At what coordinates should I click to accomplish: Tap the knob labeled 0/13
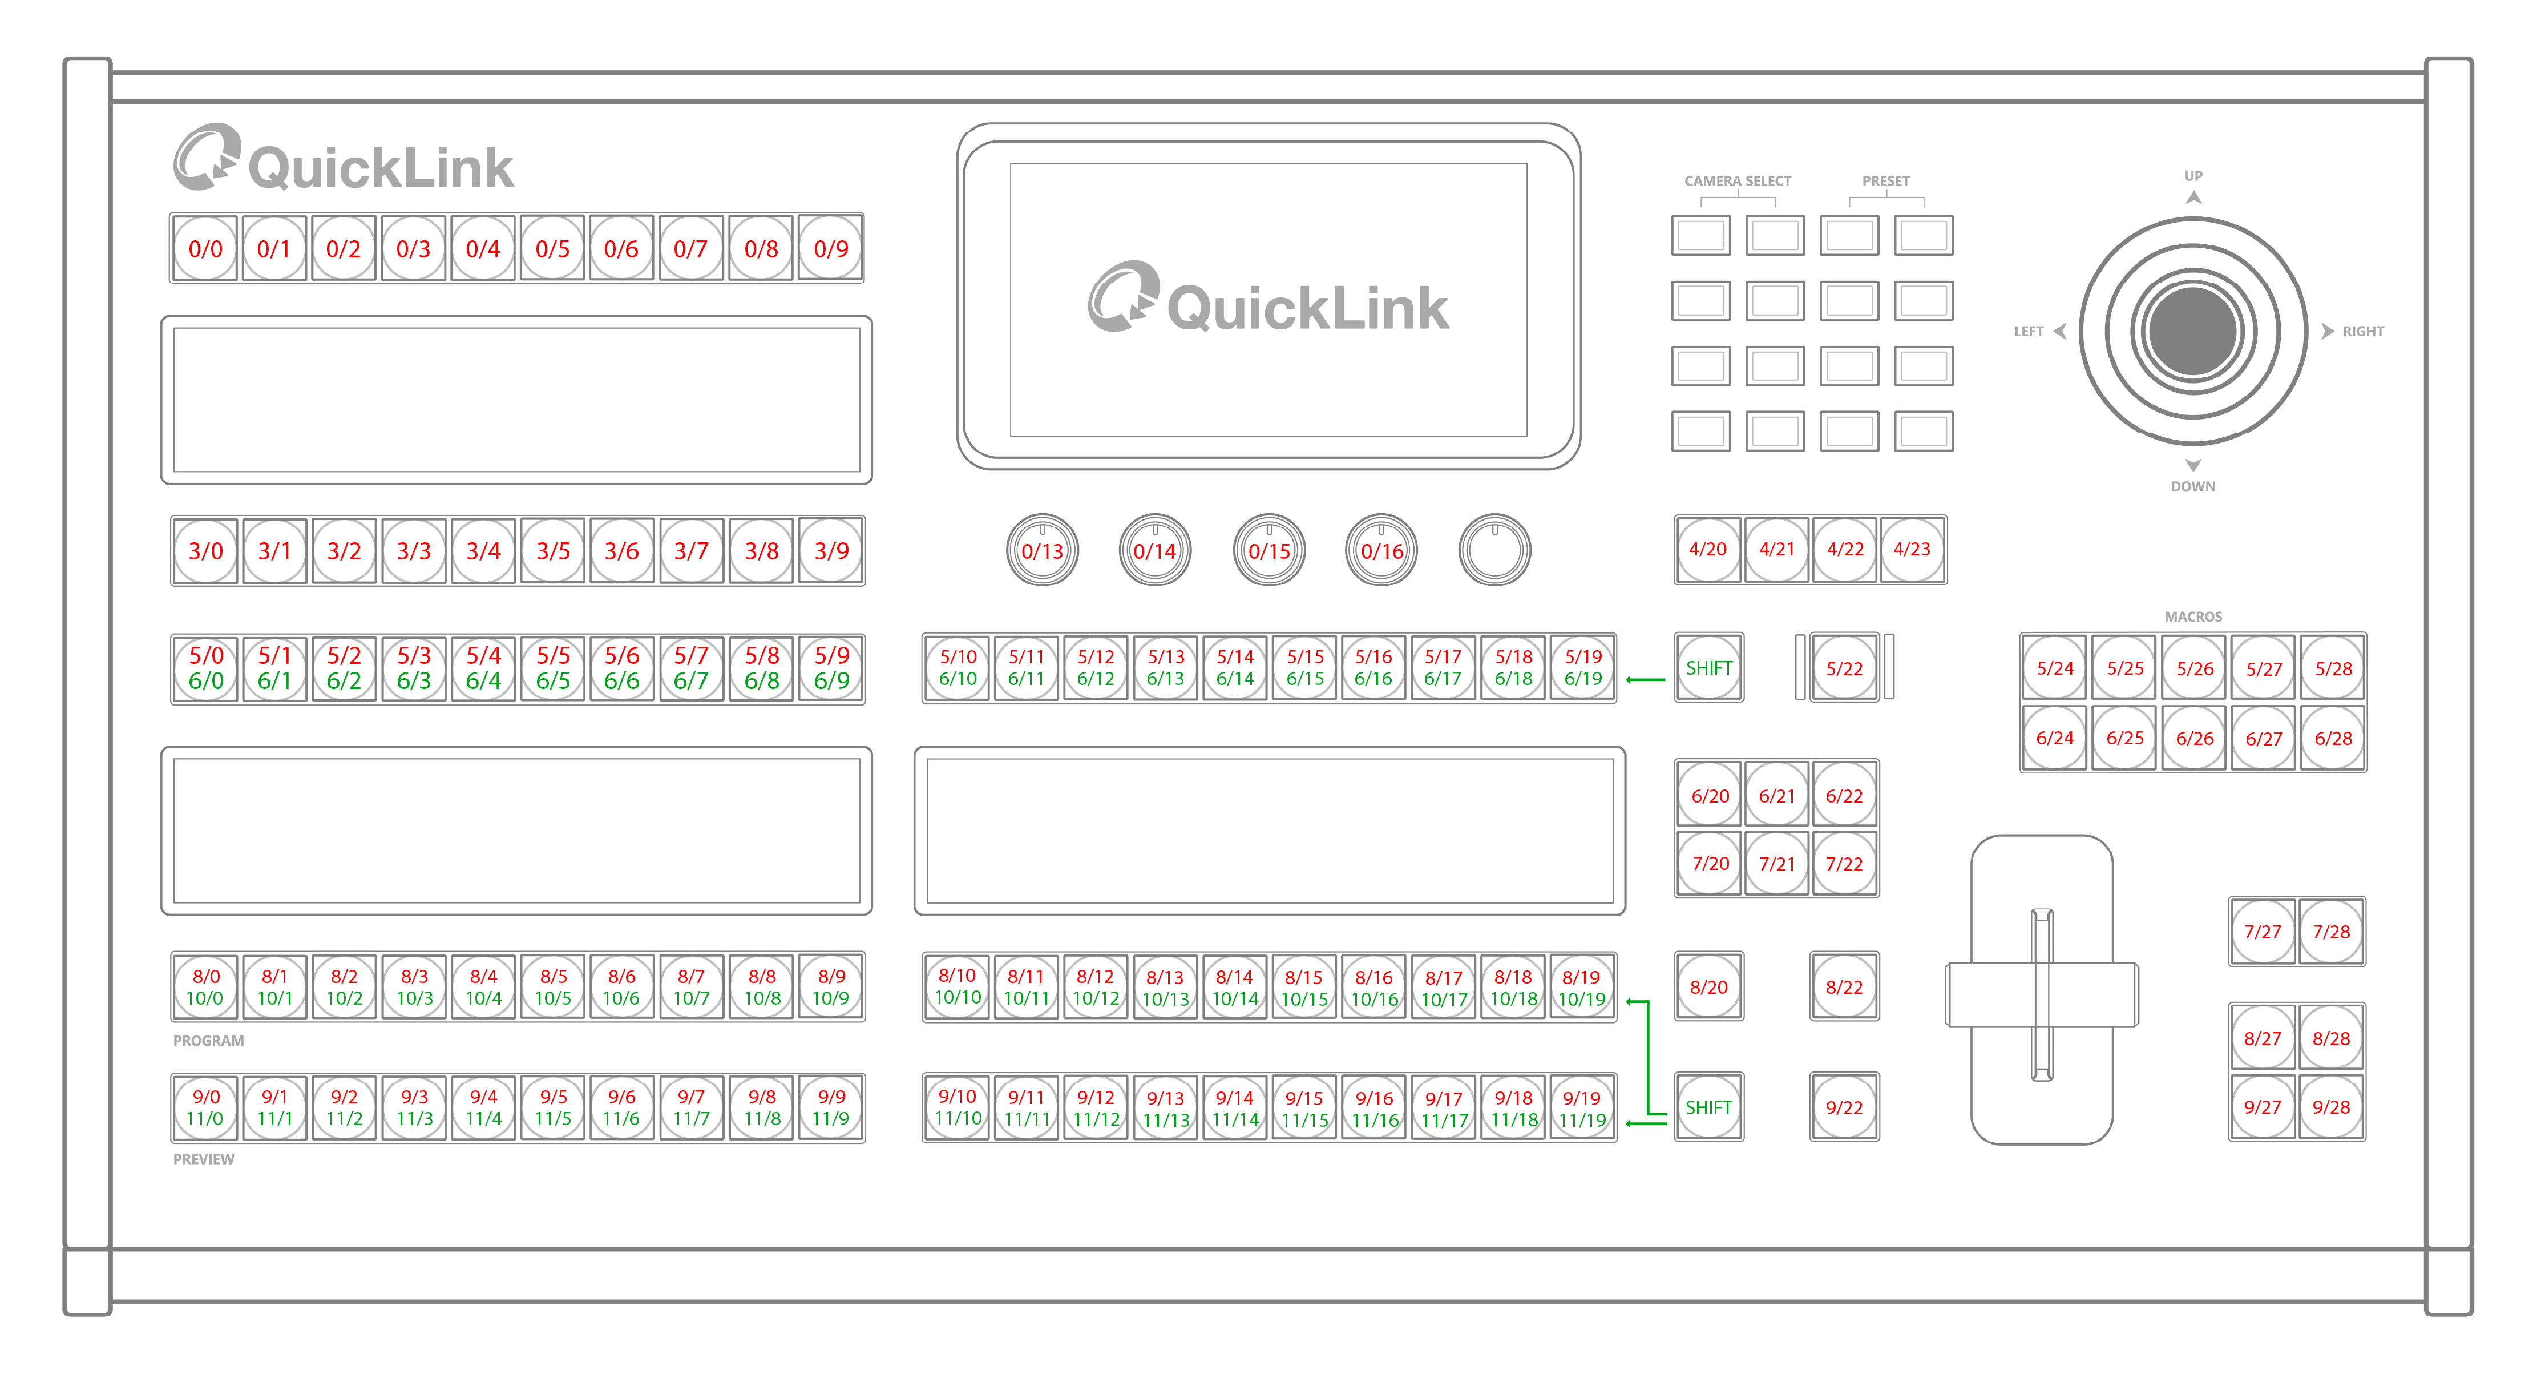point(1042,550)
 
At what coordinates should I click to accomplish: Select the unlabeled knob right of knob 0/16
point(1494,550)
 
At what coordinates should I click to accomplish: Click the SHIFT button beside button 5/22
point(1708,668)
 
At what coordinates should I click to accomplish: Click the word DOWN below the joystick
point(2192,486)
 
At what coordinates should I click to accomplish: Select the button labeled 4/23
point(1912,549)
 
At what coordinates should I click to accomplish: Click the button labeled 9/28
point(2330,1107)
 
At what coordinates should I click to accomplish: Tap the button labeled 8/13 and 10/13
point(1165,987)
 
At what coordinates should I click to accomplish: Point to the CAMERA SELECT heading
point(1738,181)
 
